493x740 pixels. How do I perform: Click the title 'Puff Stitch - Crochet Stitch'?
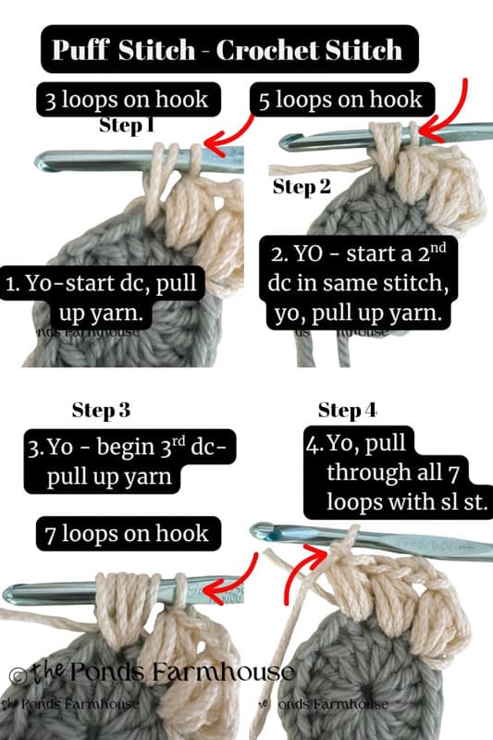click(x=228, y=49)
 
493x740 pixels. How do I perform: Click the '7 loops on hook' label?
click(x=129, y=533)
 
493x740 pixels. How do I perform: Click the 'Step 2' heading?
click(x=302, y=187)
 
